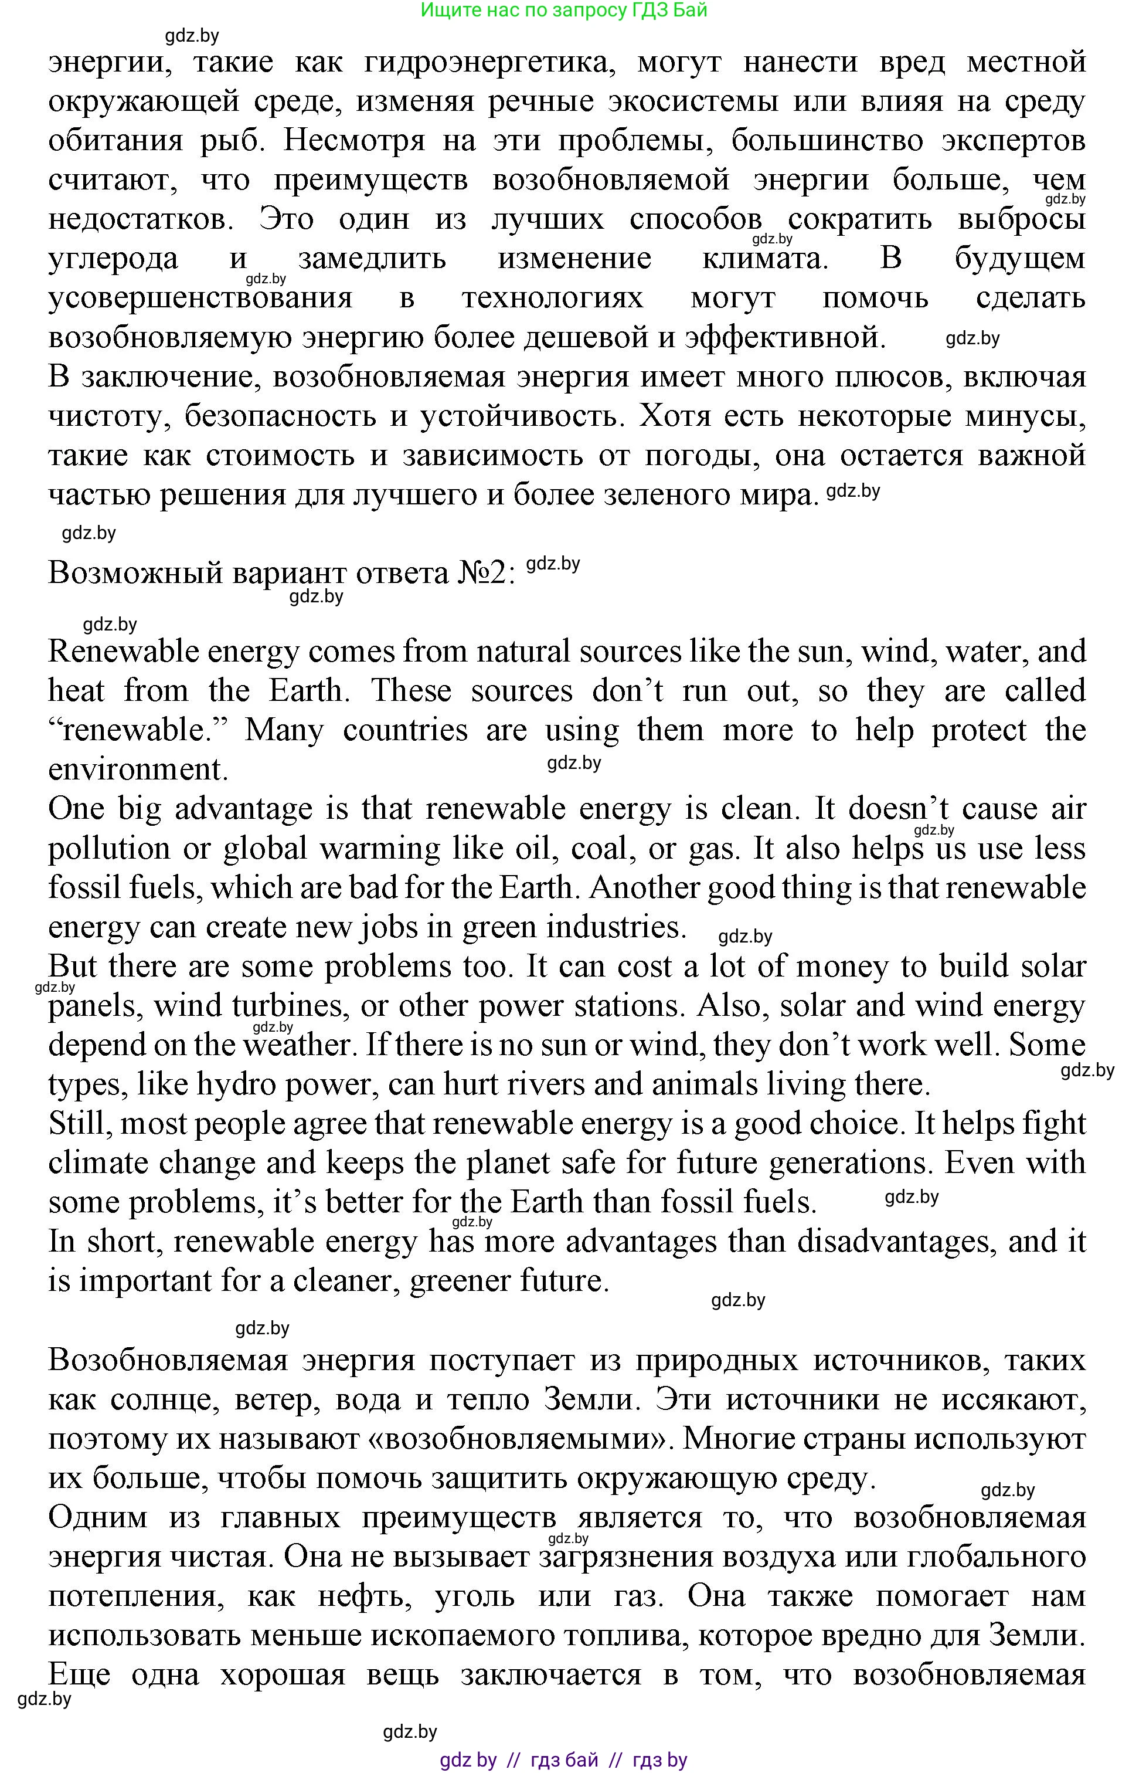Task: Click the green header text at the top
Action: tap(564, 11)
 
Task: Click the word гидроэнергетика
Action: tap(489, 62)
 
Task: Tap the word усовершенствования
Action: tap(200, 298)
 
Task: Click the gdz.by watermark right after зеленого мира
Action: tap(853, 491)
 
